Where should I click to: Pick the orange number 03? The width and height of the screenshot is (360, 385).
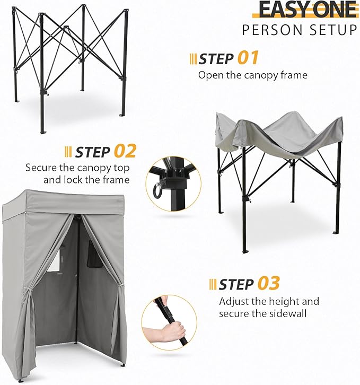[269, 283]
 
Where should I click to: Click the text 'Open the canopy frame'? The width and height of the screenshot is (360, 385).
[252, 75]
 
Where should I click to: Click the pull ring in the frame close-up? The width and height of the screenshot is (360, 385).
[156, 190]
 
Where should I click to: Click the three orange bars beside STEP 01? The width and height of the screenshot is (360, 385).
[193, 58]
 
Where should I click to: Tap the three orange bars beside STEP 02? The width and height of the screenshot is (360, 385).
[67, 152]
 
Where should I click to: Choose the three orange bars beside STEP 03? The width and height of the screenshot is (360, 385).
[213, 285]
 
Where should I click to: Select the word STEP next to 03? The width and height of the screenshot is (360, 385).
[236, 285]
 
